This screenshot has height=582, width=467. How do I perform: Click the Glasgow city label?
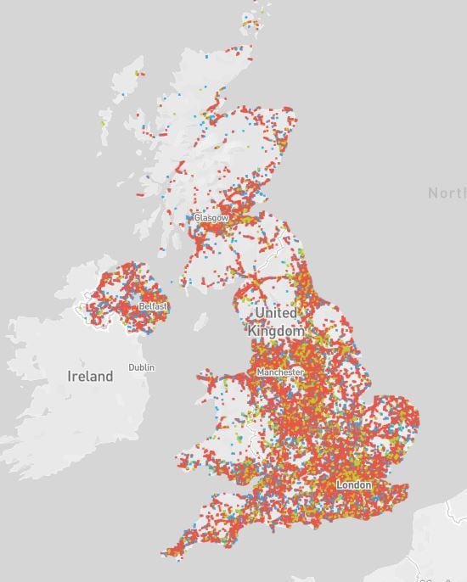pos(211,218)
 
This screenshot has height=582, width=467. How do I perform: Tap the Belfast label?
pos(153,305)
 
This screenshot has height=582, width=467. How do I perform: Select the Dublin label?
pos(142,367)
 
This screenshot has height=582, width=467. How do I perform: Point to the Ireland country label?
pos(91,376)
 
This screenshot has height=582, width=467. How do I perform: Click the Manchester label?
pos(280,372)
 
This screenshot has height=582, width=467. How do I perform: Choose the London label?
pos(354,484)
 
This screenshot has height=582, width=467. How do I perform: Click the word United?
pos(274,313)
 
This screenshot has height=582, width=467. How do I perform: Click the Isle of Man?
pos(201,322)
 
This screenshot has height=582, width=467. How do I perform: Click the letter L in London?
pos(340,484)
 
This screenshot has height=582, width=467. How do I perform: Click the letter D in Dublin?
pos(131,367)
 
